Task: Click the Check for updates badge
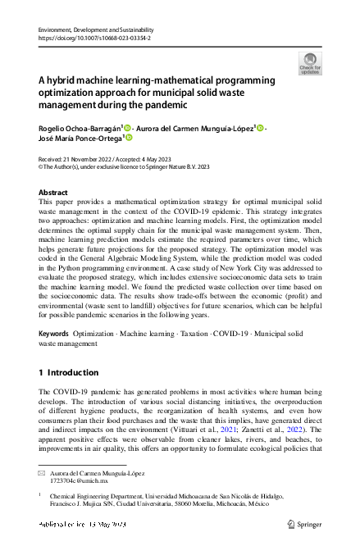(x=310, y=63)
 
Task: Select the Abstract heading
(x=53, y=192)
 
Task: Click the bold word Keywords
(x=54, y=335)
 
